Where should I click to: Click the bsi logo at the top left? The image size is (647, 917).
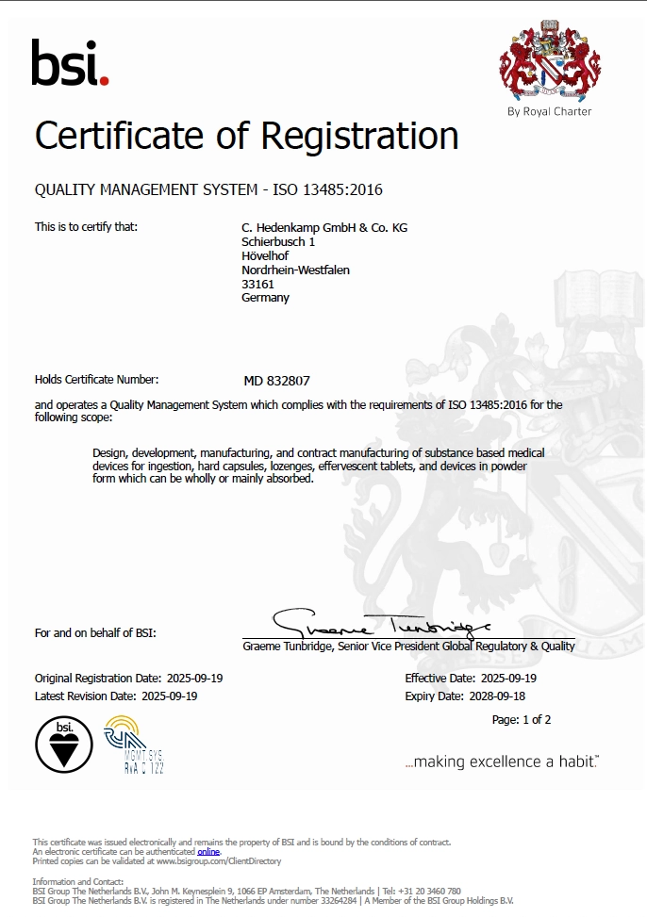point(70,63)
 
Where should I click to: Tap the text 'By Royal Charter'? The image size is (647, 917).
point(549,111)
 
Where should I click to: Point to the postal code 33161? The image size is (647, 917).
point(257,284)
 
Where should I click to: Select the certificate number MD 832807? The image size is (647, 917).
point(276,381)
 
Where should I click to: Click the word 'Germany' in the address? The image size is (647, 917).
point(265,298)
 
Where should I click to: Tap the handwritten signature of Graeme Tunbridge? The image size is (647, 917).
point(382,624)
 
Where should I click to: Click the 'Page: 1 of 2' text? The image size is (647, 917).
point(522,720)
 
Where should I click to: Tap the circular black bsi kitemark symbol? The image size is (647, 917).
point(65,745)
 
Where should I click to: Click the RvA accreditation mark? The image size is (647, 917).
point(134,745)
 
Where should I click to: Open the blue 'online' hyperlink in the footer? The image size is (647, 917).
point(207,851)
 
